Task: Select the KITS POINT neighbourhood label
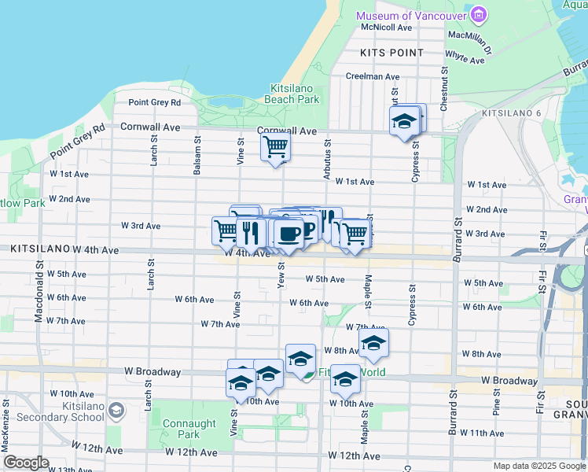(391, 53)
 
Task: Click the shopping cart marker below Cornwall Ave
(275, 146)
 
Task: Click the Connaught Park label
(189, 429)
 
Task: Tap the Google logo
(26, 463)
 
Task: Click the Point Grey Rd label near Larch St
(154, 102)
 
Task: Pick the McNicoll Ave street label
(386, 28)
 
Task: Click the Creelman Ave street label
(373, 77)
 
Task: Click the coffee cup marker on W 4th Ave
(288, 233)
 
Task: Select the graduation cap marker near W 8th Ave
(373, 343)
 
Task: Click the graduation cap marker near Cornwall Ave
(404, 121)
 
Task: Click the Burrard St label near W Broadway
(453, 404)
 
